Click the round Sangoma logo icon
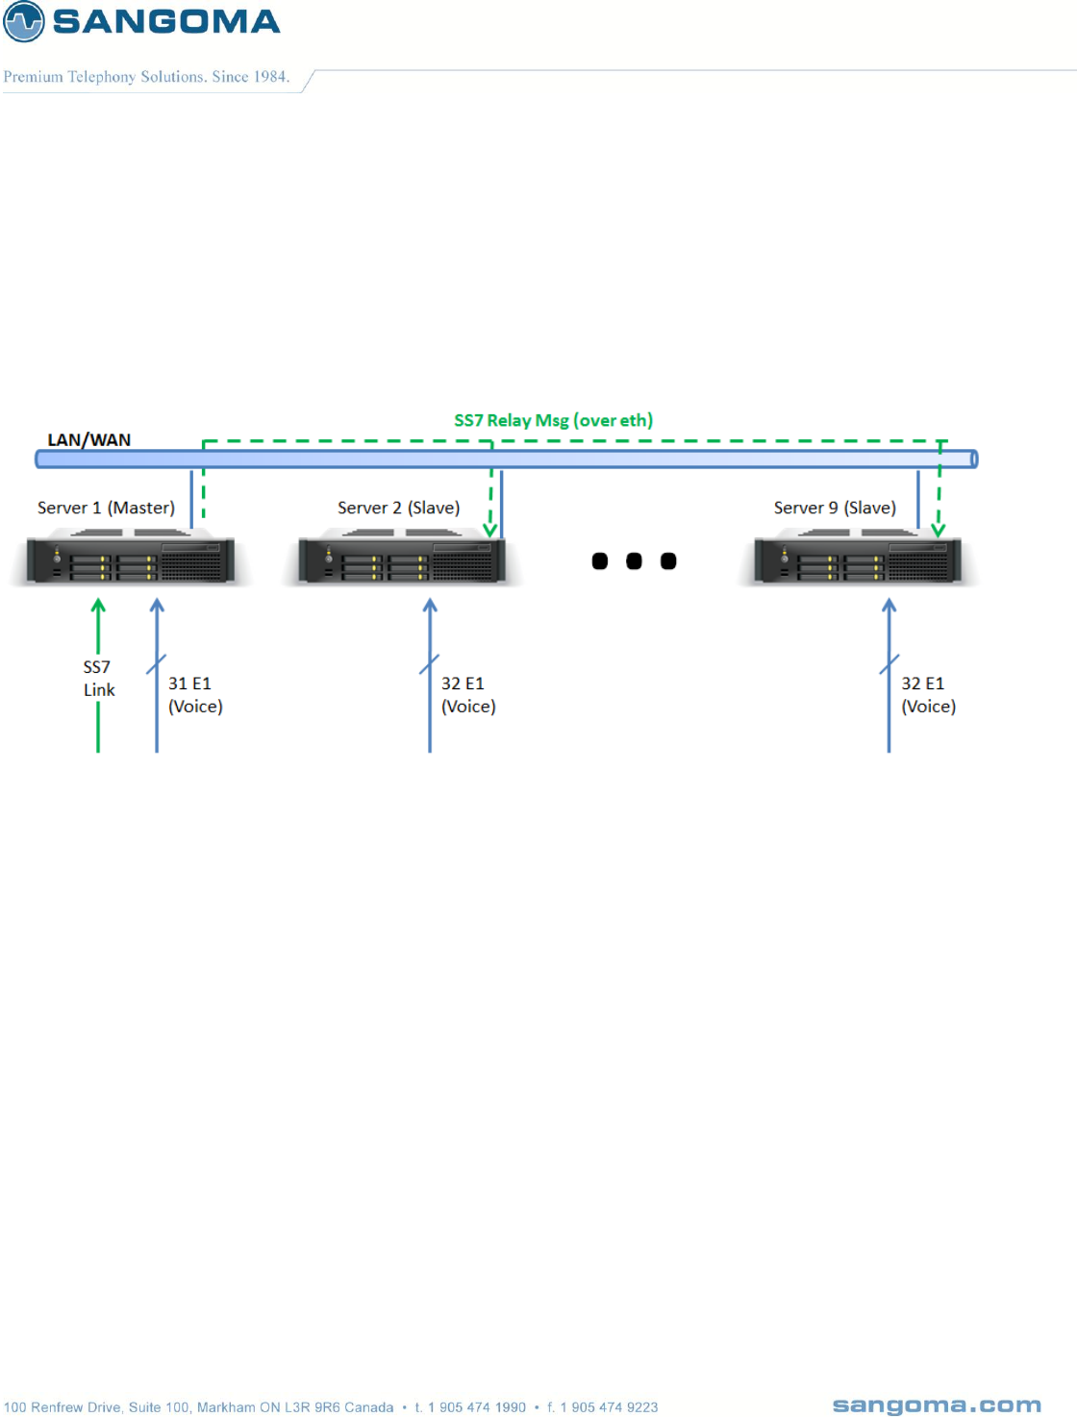tap(24, 21)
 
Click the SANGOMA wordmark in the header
tap(165, 21)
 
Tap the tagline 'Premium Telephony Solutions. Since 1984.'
tap(146, 77)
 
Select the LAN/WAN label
tap(89, 440)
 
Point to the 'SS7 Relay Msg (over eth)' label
tap(553, 420)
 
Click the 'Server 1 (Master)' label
tap(106, 508)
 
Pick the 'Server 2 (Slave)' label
tap(398, 508)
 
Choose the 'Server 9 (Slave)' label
tap(835, 508)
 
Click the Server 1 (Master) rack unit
tap(131, 560)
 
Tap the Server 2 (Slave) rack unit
tap(402, 560)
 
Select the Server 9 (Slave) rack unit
tap(858, 560)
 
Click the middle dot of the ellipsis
tap(634, 561)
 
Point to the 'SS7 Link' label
tap(98, 679)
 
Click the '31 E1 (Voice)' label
tap(195, 695)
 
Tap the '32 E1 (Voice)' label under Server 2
tap(468, 695)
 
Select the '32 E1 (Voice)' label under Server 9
tap(928, 695)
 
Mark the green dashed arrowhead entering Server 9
tap(939, 530)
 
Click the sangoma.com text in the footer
tap(936, 1405)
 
